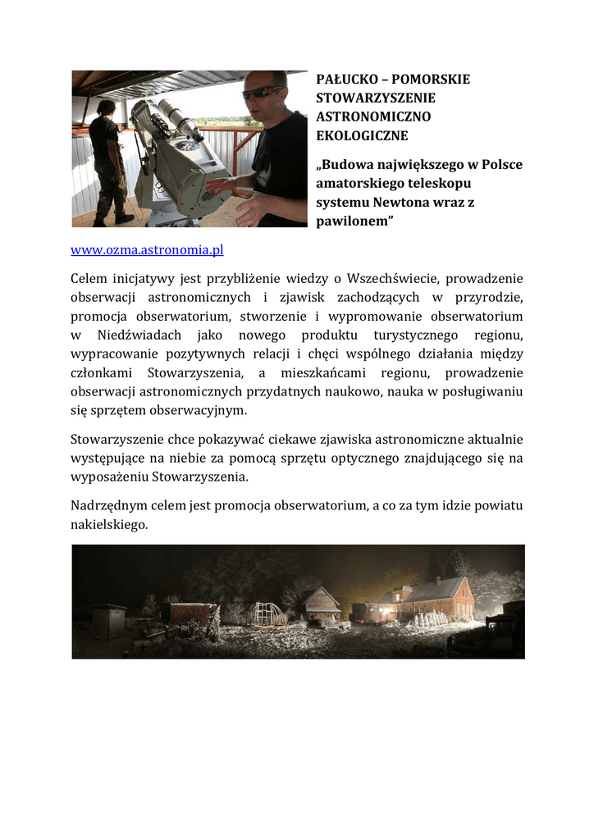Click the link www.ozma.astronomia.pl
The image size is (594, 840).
[x=147, y=249]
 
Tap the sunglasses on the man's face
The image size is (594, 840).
[x=262, y=92]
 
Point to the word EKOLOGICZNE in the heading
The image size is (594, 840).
[x=362, y=136]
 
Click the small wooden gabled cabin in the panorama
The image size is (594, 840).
[x=322, y=605]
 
